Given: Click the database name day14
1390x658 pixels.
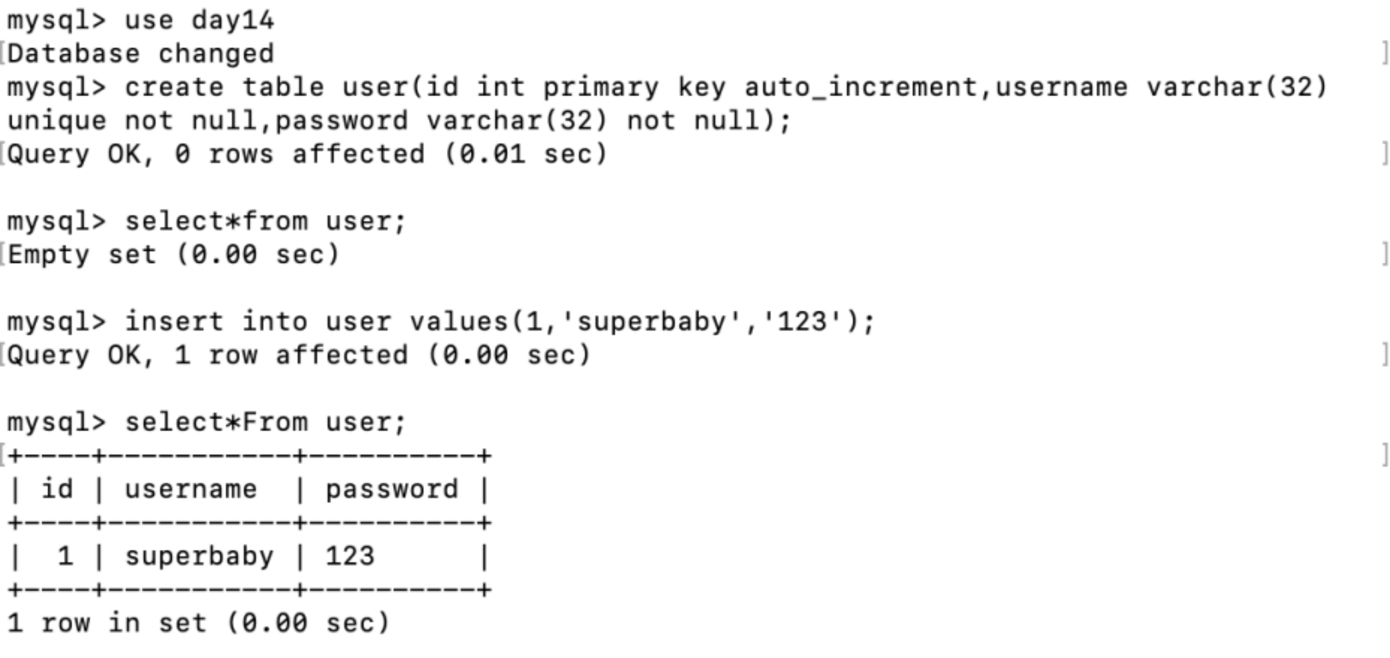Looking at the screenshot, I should tap(233, 21).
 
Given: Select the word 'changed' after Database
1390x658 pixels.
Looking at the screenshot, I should tap(216, 54).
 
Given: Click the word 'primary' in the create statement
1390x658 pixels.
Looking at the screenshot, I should tap(601, 88).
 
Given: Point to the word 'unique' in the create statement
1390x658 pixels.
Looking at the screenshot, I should tap(57, 121).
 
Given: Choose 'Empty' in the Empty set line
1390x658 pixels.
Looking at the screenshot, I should tap(49, 255).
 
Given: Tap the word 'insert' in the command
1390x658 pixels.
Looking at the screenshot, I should tap(174, 322).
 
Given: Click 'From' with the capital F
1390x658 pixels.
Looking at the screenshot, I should tap(275, 422).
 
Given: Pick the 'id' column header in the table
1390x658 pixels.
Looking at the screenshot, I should tap(57, 489).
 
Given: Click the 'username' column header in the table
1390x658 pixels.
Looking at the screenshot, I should tap(191, 489).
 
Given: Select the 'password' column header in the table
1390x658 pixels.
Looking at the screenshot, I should tap(392, 489).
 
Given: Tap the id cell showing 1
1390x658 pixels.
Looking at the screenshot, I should tap(65, 556).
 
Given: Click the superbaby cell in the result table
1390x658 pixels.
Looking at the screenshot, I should tap(199, 556).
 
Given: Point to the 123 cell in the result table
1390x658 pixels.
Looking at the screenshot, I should tap(350, 556).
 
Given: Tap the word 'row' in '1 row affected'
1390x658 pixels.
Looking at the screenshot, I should tap(233, 356).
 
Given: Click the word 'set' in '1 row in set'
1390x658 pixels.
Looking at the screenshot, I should tap(183, 623).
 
